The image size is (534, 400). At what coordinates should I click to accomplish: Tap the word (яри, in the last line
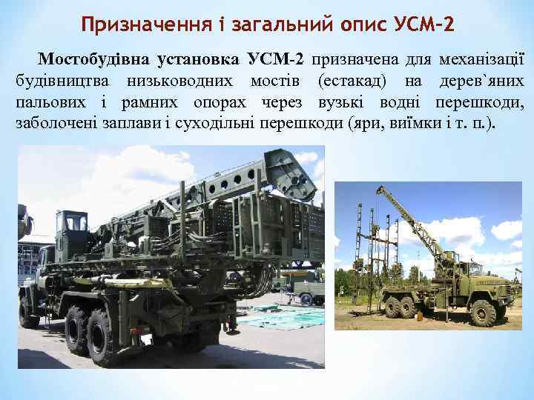pyautogui.click(x=363, y=122)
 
